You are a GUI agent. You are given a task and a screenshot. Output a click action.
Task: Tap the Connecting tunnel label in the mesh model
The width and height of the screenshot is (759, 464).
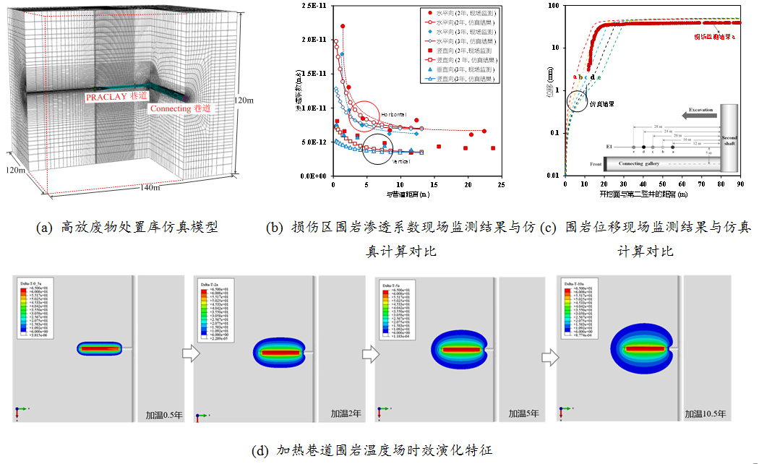point(181,108)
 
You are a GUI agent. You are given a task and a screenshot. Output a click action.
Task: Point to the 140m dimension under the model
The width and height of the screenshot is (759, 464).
point(150,188)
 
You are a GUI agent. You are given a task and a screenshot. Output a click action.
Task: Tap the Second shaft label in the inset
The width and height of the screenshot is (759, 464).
point(731,140)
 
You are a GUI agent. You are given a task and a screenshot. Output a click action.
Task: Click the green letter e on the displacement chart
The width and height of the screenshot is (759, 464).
point(599,77)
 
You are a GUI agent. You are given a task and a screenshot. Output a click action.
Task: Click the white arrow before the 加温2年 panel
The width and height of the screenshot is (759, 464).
point(189,353)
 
